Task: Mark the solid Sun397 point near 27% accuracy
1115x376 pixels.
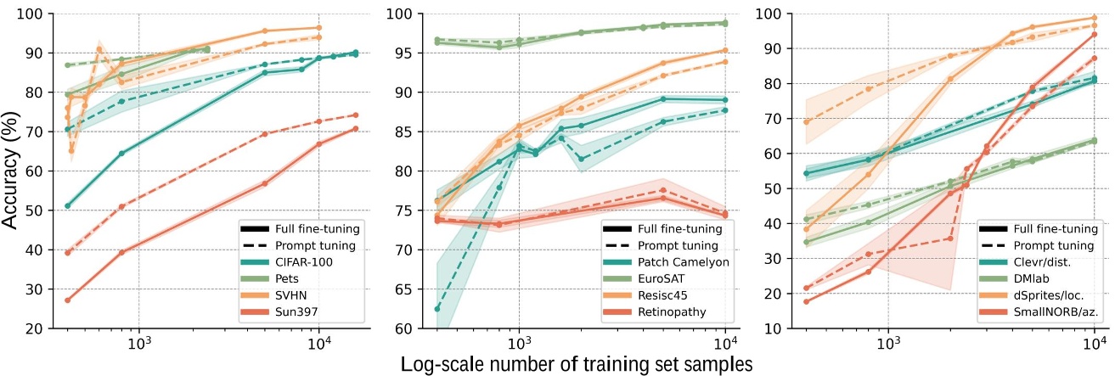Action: [x=67, y=300]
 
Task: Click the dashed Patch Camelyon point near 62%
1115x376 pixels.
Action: [x=437, y=308]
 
